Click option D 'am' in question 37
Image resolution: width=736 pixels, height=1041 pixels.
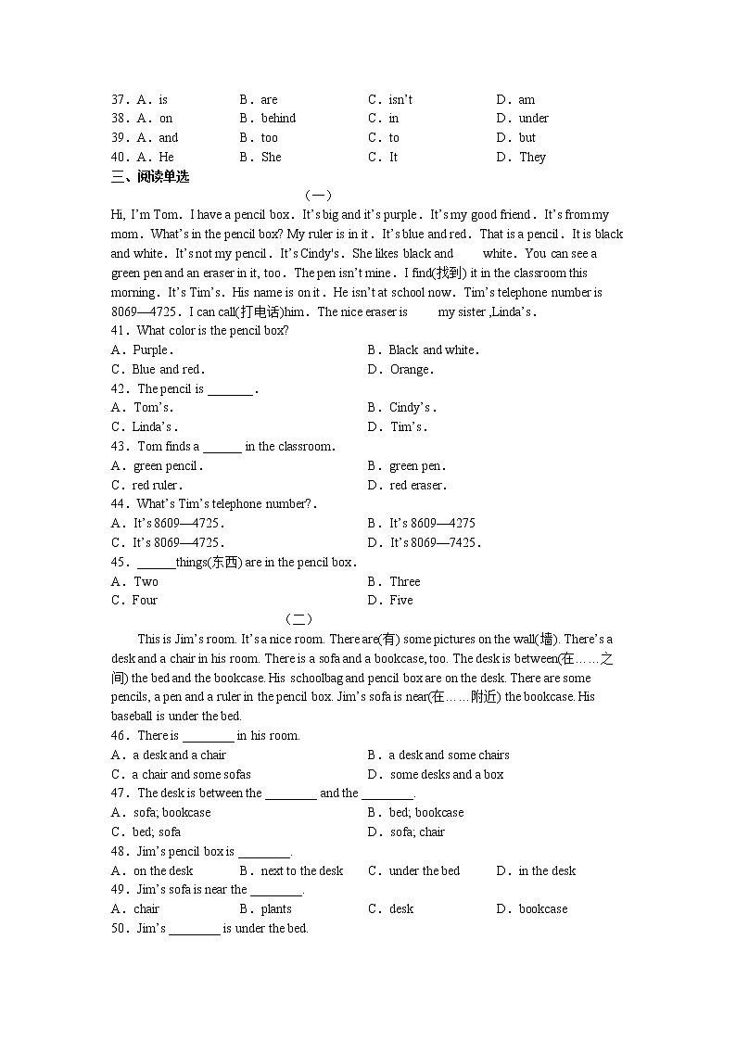pos(526,99)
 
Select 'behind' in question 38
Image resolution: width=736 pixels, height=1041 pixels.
pos(278,119)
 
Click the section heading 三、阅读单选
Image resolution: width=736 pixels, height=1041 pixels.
pos(150,176)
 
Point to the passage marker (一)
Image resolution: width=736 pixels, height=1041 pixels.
pos(317,196)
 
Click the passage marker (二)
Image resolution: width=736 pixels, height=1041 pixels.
pos(298,619)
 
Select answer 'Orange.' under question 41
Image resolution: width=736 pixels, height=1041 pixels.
pos(412,370)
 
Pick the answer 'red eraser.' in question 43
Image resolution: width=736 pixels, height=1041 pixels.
pos(418,485)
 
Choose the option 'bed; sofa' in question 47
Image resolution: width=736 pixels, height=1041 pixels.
pos(157,832)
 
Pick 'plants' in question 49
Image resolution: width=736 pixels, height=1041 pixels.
pos(276,909)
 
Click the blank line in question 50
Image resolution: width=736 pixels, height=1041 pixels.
pos(194,929)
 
